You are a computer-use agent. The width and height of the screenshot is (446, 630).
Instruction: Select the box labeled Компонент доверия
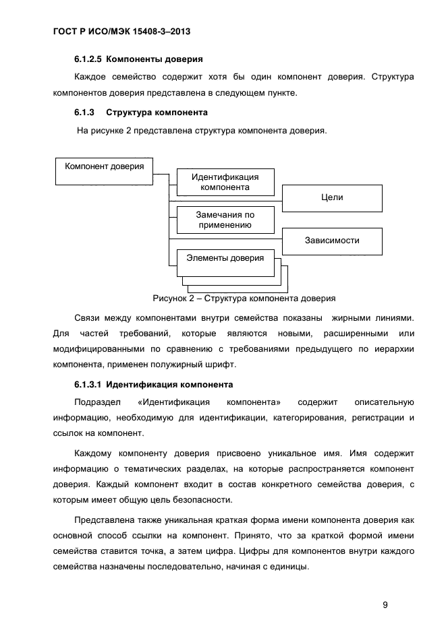104,170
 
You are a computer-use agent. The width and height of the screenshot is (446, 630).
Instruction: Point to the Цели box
332,198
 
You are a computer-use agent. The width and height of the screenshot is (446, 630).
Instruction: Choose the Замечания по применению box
225,220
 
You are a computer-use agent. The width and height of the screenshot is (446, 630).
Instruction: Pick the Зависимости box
332,241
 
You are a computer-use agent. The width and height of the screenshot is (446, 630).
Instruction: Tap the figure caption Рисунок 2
244,298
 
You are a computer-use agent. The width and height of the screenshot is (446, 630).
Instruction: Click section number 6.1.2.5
88,59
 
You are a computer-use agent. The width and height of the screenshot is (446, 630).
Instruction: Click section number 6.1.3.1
88,385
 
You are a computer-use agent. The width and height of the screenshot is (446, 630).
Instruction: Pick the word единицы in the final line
286,567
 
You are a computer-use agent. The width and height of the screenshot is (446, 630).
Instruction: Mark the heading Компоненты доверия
155,59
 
